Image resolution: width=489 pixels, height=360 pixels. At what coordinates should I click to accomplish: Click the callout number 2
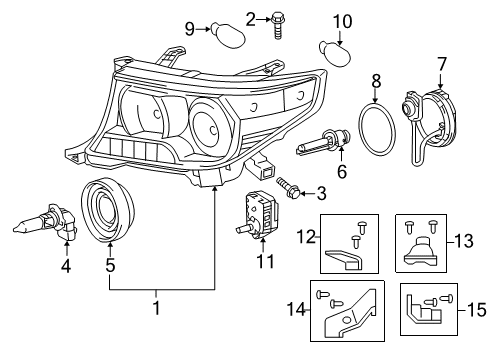251,16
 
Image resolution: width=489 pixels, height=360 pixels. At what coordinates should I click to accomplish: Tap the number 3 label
321,192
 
